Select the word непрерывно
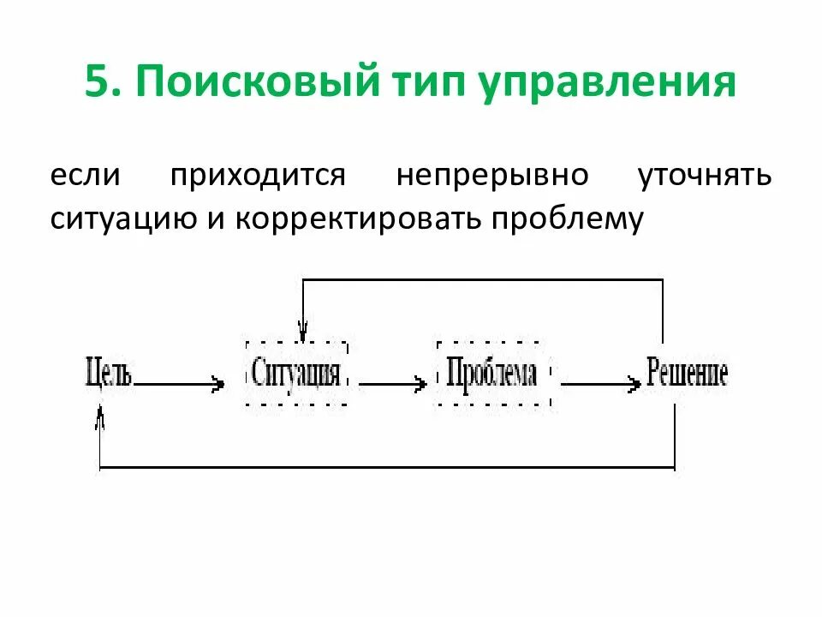coord(492,176)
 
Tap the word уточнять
coord(706,176)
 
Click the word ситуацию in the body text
coord(113,219)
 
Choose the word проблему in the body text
coord(566,219)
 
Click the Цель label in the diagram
coord(109,374)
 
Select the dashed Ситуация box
coord(296,375)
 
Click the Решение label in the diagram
coord(687,374)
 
